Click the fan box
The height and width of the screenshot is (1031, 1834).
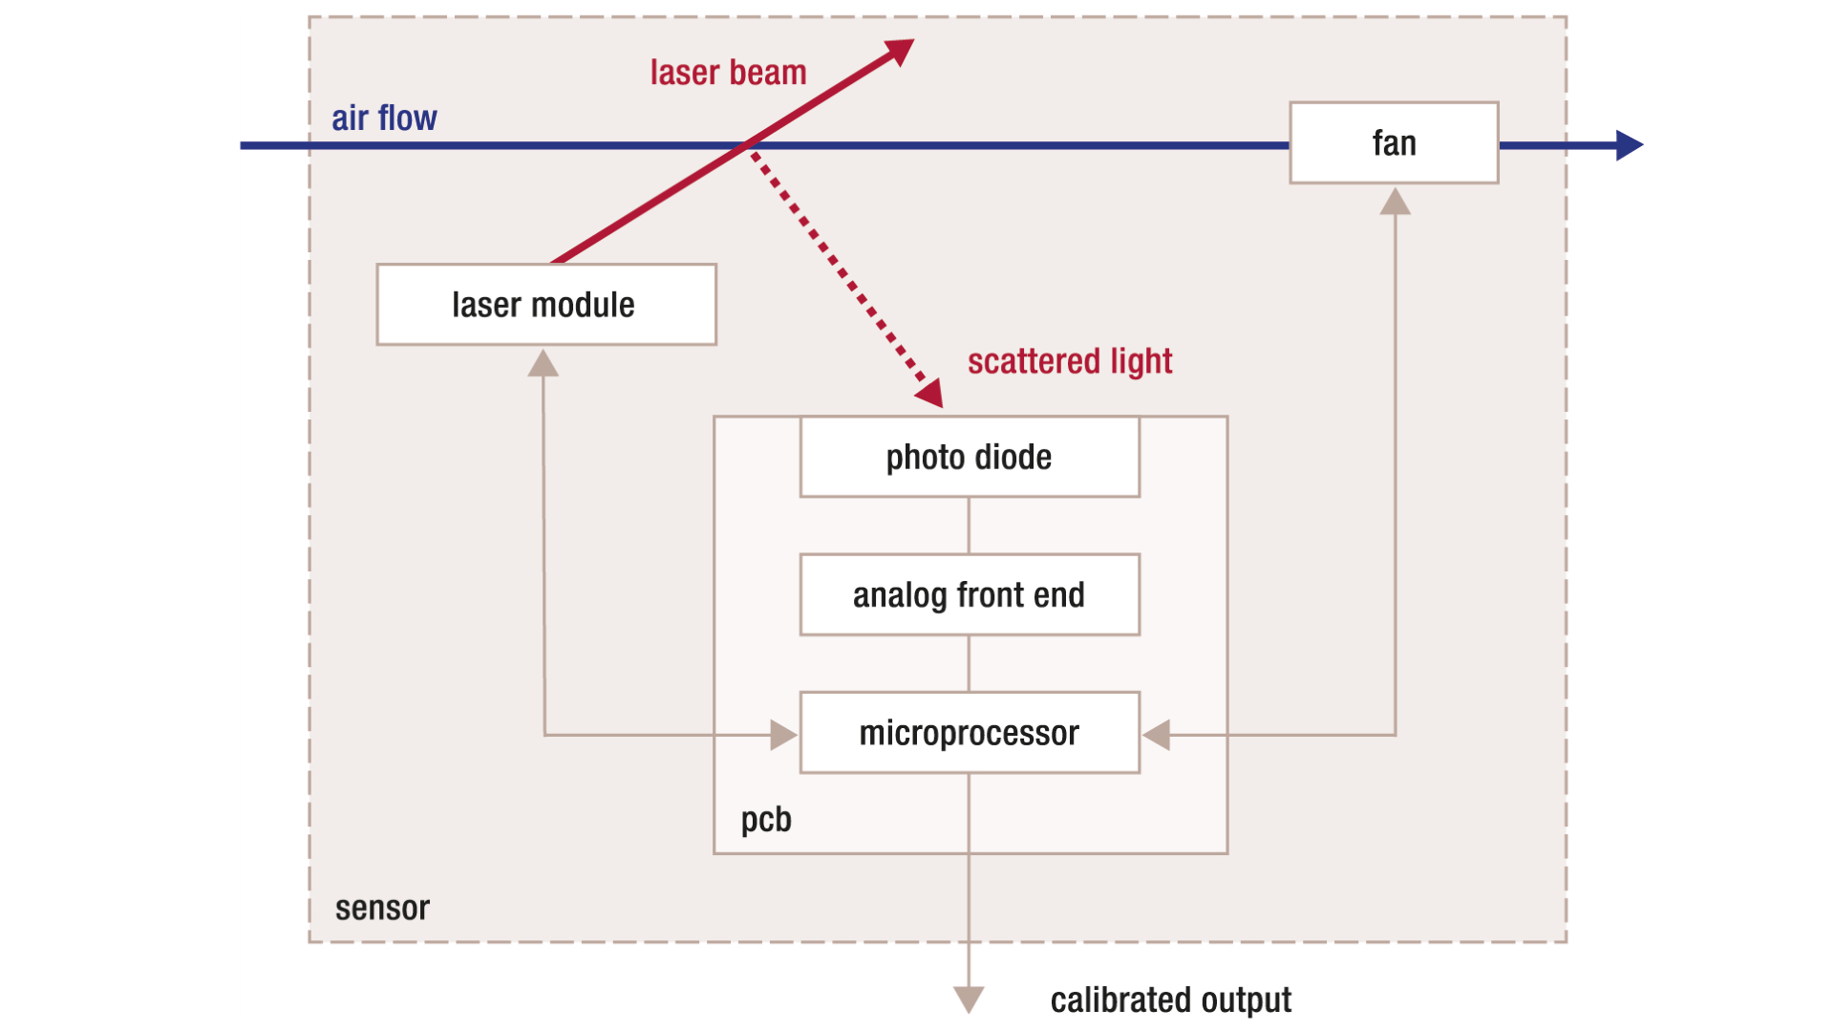pyautogui.click(x=1394, y=143)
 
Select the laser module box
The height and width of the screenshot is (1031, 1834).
pyautogui.click(x=545, y=305)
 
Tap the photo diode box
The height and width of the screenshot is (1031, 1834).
pyautogui.click(x=970, y=457)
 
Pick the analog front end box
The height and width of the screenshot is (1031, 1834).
pyautogui.click(x=970, y=594)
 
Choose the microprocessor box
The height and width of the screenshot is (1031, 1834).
pyautogui.click(x=970, y=733)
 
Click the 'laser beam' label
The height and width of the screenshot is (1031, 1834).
pyautogui.click(x=728, y=73)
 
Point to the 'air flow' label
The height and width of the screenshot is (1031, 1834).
pyautogui.click(x=384, y=118)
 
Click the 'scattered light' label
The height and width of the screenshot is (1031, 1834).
pyautogui.click(x=1069, y=361)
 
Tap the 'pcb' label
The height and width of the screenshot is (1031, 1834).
pyautogui.click(x=766, y=819)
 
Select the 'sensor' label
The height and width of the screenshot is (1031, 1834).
pyautogui.click(x=382, y=908)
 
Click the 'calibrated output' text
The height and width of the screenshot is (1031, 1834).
pyautogui.click(x=1170, y=999)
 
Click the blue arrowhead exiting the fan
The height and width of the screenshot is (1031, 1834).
pyautogui.click(x=1628, y=145)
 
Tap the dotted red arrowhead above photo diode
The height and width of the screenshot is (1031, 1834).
pyautogui.click(x=930, y=393)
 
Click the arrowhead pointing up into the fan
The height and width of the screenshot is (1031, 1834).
pyautogui.click(x=1396, y=202)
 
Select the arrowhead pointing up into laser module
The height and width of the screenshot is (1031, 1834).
pyautogui.click(x=544, y=364)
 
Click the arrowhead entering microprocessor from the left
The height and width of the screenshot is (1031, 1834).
pyautogui.click(x=783, y=735)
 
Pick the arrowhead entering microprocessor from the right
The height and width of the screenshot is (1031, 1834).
pyautogui.click(x=1157, y=735)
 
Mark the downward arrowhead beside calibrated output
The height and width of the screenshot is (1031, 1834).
pyautogui.click(x=969, y=999)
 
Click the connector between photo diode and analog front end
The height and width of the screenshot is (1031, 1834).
pyautogui.click(x=969, y=525)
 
